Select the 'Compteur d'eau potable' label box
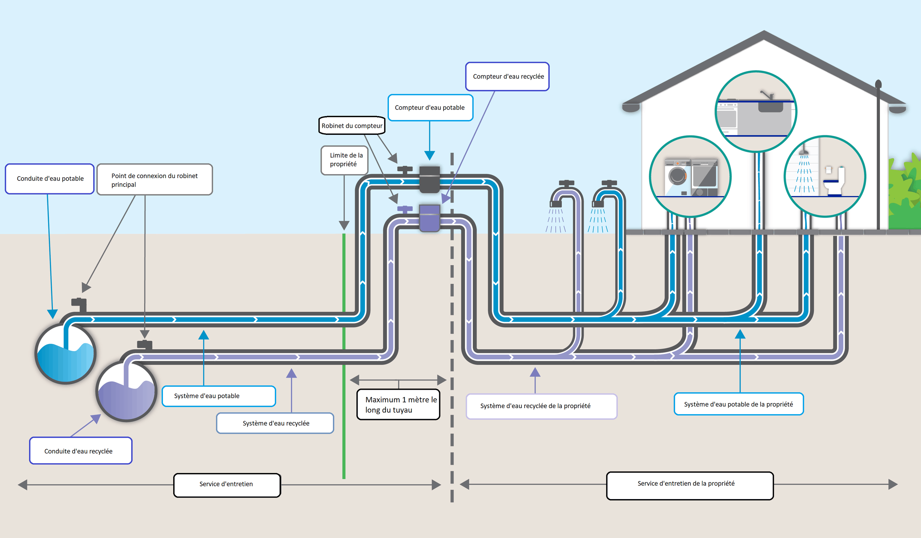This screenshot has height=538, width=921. pos(430,108)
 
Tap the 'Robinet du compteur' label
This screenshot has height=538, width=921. pos(352,126)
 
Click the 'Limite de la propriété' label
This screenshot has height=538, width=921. pos(344,160)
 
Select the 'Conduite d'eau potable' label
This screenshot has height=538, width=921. pos(50,179)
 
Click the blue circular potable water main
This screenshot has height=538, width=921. pos(66,354)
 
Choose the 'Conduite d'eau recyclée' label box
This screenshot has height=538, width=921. pos(81,451)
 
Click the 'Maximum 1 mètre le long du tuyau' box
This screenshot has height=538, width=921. pos(399,405)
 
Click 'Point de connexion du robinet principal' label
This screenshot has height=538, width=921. pos(154,180)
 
